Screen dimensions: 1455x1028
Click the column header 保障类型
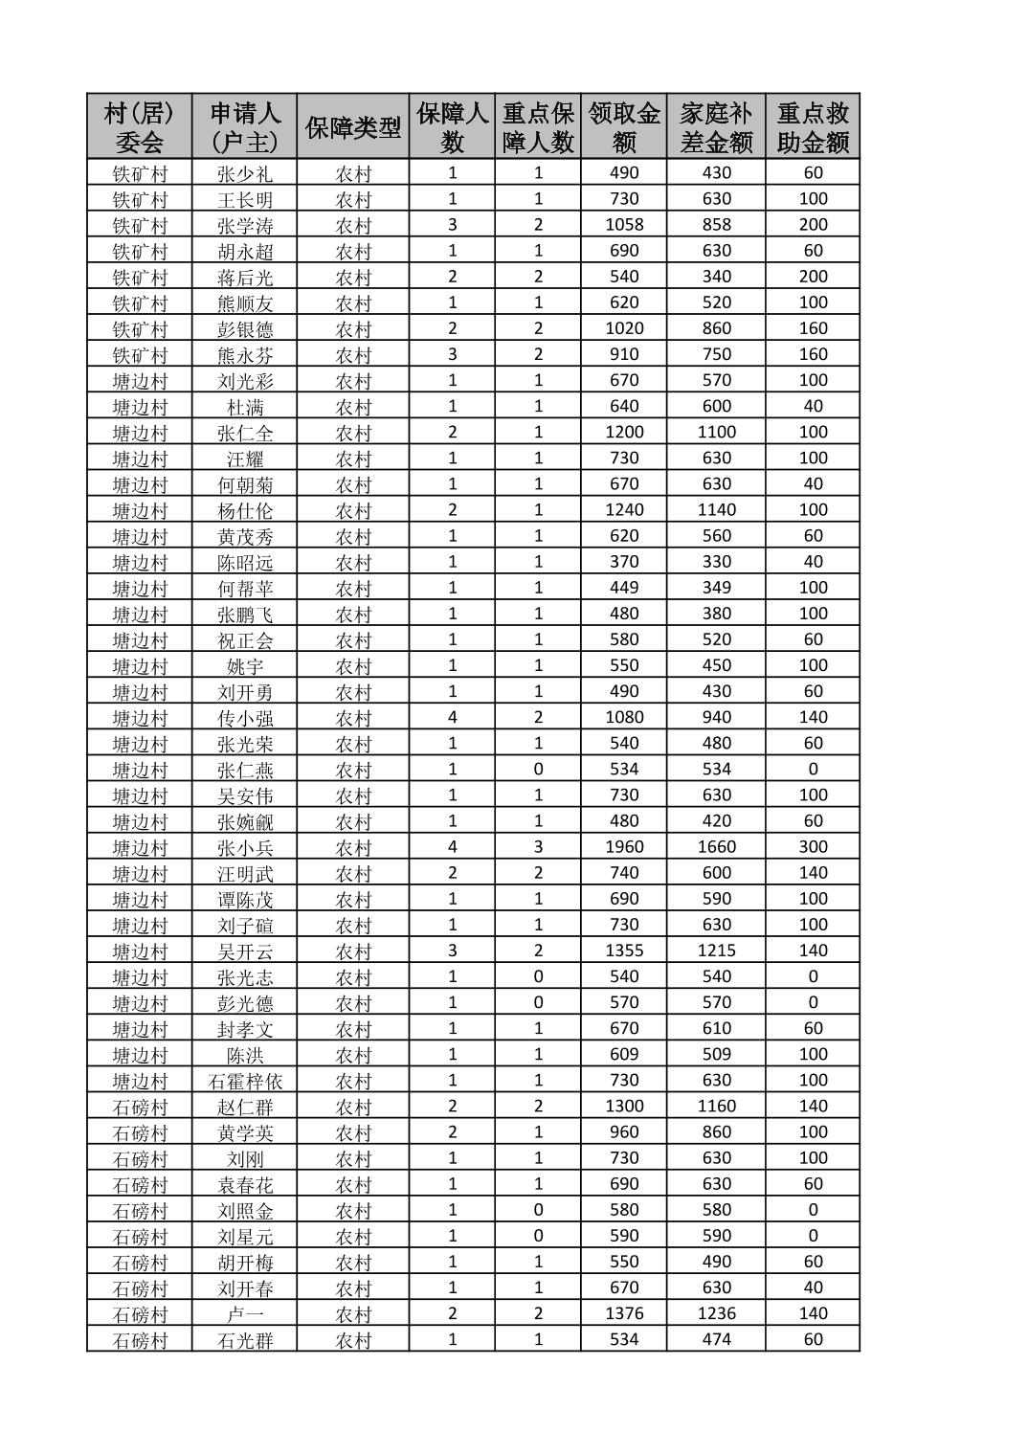point(352,127)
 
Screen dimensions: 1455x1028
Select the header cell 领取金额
point(624,127)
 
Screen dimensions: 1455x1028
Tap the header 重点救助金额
point(813,127)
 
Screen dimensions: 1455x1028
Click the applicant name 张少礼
point(245,173)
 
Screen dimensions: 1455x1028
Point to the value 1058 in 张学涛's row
point(624,225)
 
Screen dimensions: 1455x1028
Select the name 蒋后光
point(245,277)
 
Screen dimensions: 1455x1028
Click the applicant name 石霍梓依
point(245,1081)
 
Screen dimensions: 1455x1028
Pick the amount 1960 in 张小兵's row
point(624,847)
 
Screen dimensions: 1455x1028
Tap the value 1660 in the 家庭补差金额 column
point(716,847)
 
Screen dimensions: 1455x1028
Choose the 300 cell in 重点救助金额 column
point(813,847)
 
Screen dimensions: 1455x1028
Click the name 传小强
point(245,718)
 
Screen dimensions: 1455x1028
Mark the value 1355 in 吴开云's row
point(624,951)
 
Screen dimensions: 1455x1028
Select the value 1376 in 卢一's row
point(624,1313)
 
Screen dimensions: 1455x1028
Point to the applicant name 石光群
point(245,1340)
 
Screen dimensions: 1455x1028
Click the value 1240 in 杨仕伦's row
point(624,510)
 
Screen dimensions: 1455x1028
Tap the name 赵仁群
point(245,1107)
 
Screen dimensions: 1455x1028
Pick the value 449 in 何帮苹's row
point(624,588)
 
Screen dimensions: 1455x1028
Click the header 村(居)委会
point(140,127)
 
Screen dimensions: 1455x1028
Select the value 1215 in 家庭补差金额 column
point(716,951)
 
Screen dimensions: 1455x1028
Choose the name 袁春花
point(245,1184)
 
